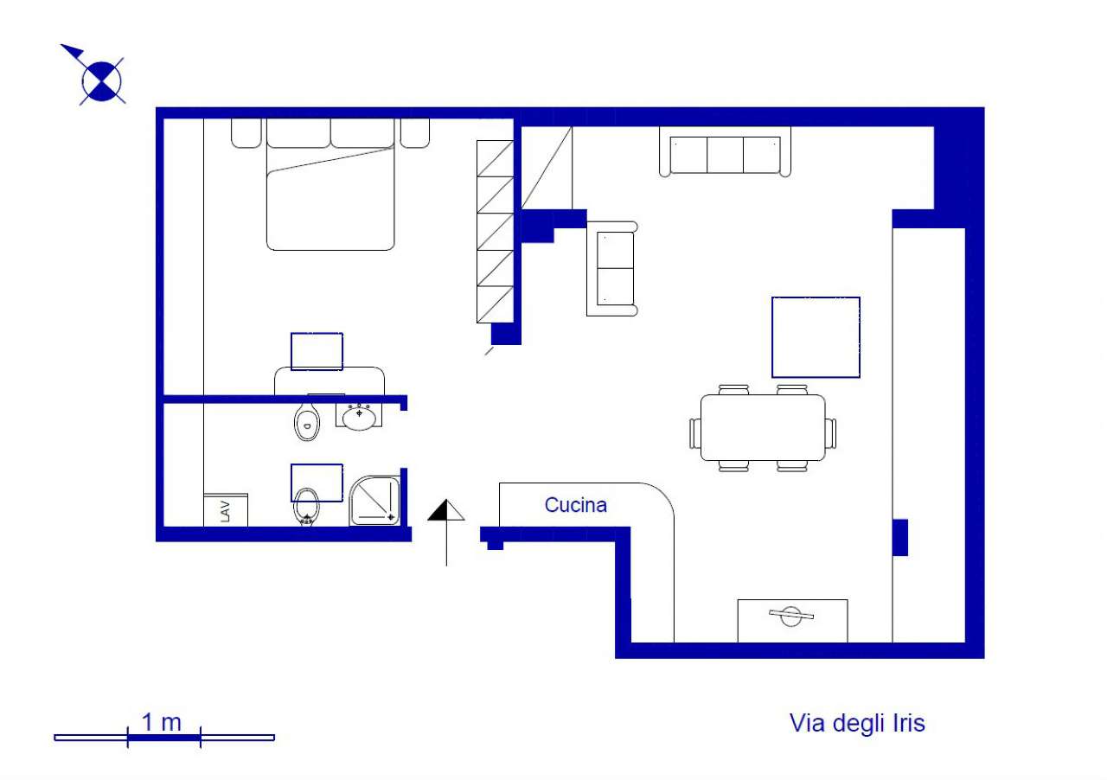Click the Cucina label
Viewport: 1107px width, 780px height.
click(575, 505)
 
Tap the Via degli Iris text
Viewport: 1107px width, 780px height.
click(857, 724)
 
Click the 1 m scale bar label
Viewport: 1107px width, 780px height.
click(162, 722)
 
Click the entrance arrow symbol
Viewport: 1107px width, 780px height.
click(446, 532)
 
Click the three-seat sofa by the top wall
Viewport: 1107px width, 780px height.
click(725, 151)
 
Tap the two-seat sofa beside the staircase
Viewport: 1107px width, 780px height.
click(611, 268)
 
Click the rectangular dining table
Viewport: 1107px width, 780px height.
click(763, 427)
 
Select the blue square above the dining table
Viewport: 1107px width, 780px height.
click(816, 337)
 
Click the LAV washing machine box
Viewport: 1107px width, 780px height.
click(226, 509)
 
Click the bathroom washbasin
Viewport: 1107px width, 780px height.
click(359, 417)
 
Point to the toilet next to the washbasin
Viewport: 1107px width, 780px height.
click(306, 419)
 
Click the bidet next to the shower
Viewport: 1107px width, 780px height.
click(306, 508)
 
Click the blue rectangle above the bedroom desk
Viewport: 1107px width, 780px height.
click(317, 351)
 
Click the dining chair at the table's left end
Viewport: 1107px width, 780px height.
click(695, 433)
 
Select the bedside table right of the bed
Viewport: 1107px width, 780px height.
click(414, 133)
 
